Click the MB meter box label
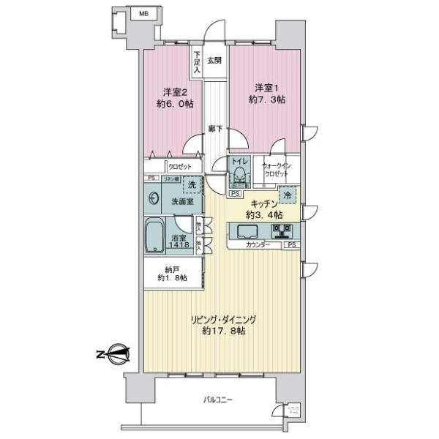click(143, 13)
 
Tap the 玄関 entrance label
click(213, 61)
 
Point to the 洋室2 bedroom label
click(176, 93)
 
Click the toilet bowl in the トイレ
click(239, 176)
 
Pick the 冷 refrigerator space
click(288, 195)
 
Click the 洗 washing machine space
click(192, 186)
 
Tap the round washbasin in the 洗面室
click(154, 198)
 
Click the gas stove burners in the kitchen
click(282, 232)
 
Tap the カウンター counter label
click(258, 245)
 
